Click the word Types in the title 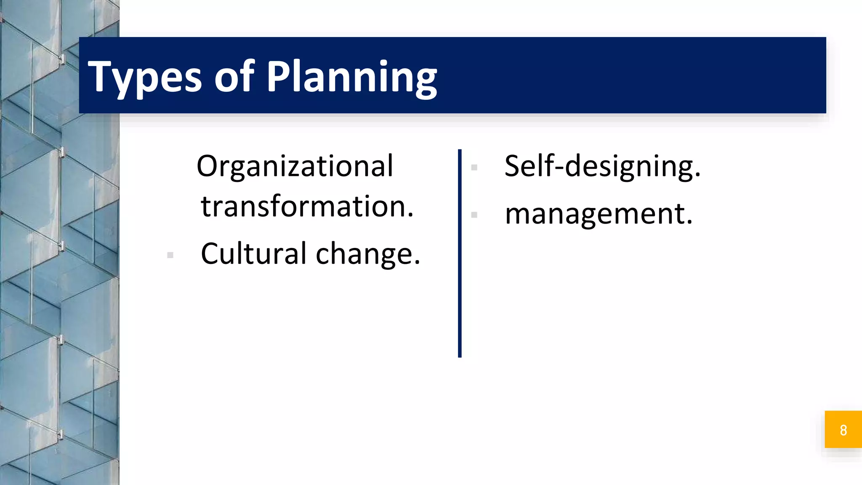click(145, 77)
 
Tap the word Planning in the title click(352, 77)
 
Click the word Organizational click(295, 167)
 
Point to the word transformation click(307, 207)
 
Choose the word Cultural click(253, 254)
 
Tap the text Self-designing click(602, 167)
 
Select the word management click(598, 214)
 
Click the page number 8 click(843, 430)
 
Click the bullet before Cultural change click(170, 255)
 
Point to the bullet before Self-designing click(474, 168)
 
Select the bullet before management click(474, 215)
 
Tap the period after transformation click(410, 215)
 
